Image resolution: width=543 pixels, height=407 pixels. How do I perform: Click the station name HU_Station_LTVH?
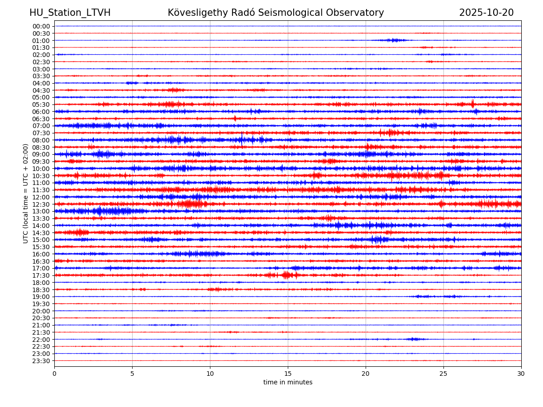70,13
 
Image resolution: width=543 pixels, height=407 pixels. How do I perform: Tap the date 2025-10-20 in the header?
486,13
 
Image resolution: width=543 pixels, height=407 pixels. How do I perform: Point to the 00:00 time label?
41,26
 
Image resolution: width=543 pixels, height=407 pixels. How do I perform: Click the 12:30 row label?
41,204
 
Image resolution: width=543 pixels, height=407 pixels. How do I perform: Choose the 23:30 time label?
41,361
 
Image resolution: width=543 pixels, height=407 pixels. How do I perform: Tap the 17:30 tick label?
41,275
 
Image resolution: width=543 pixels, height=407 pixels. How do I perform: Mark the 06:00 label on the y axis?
41,112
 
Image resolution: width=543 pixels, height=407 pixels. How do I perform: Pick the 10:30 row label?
41,176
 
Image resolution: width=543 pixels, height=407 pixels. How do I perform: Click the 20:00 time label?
41,311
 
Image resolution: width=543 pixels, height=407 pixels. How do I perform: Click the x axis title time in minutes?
288,383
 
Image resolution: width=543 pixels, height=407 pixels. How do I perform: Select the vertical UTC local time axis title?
26,194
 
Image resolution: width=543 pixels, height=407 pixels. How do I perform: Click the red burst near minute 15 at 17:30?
286,275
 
